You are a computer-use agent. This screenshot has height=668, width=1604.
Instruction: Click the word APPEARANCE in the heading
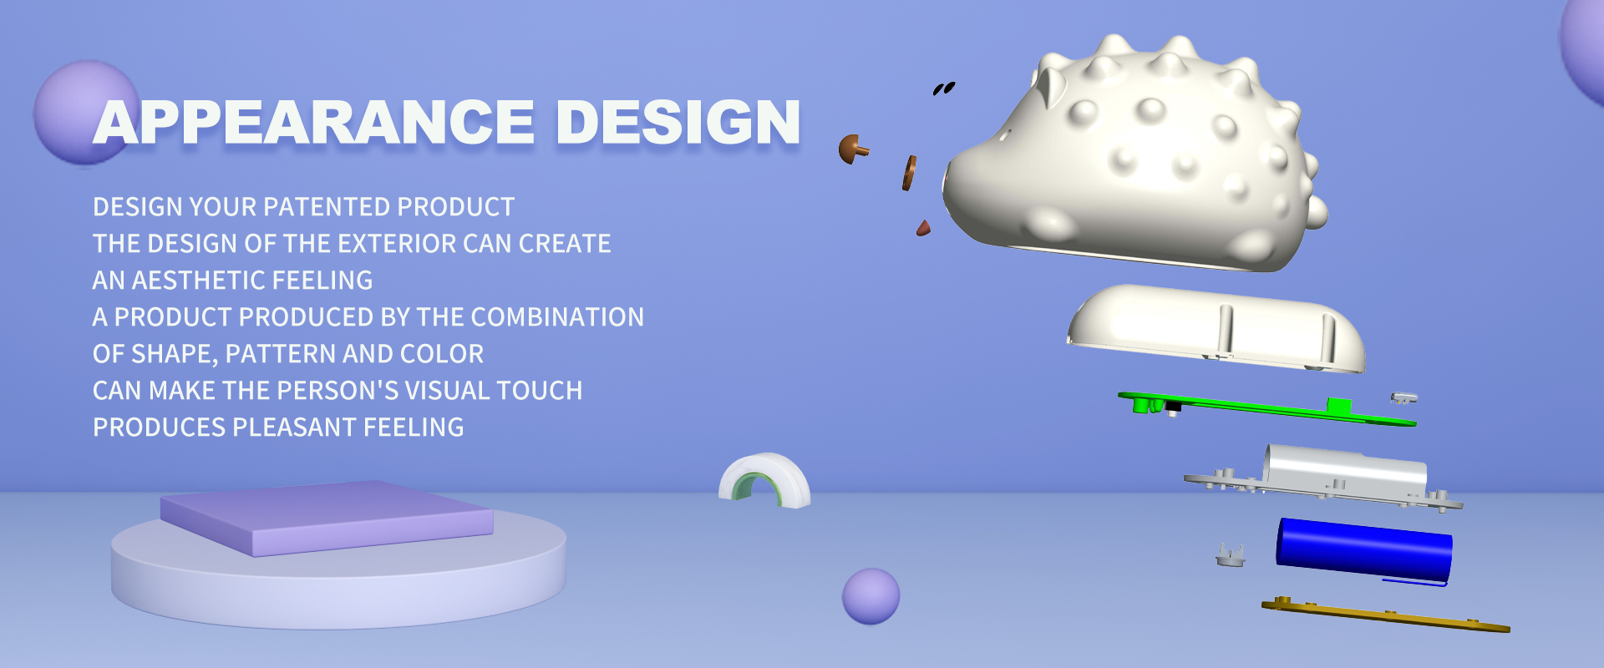314,122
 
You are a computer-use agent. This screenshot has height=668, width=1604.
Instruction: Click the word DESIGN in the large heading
678,122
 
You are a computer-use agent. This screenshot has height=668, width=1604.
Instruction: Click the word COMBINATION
557,317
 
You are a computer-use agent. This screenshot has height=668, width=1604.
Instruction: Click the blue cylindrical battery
1363,549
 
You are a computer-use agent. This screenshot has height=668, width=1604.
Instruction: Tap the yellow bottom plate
1385,615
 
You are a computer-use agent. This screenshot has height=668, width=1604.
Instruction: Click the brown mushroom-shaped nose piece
852,149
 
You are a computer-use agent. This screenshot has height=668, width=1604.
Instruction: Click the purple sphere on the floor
871,596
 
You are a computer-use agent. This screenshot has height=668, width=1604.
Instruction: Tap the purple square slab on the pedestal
327,518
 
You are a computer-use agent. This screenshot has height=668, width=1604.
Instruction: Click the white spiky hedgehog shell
1136,154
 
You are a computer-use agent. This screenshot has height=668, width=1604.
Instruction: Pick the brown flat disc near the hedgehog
909,173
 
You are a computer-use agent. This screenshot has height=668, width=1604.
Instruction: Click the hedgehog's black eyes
944,88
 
